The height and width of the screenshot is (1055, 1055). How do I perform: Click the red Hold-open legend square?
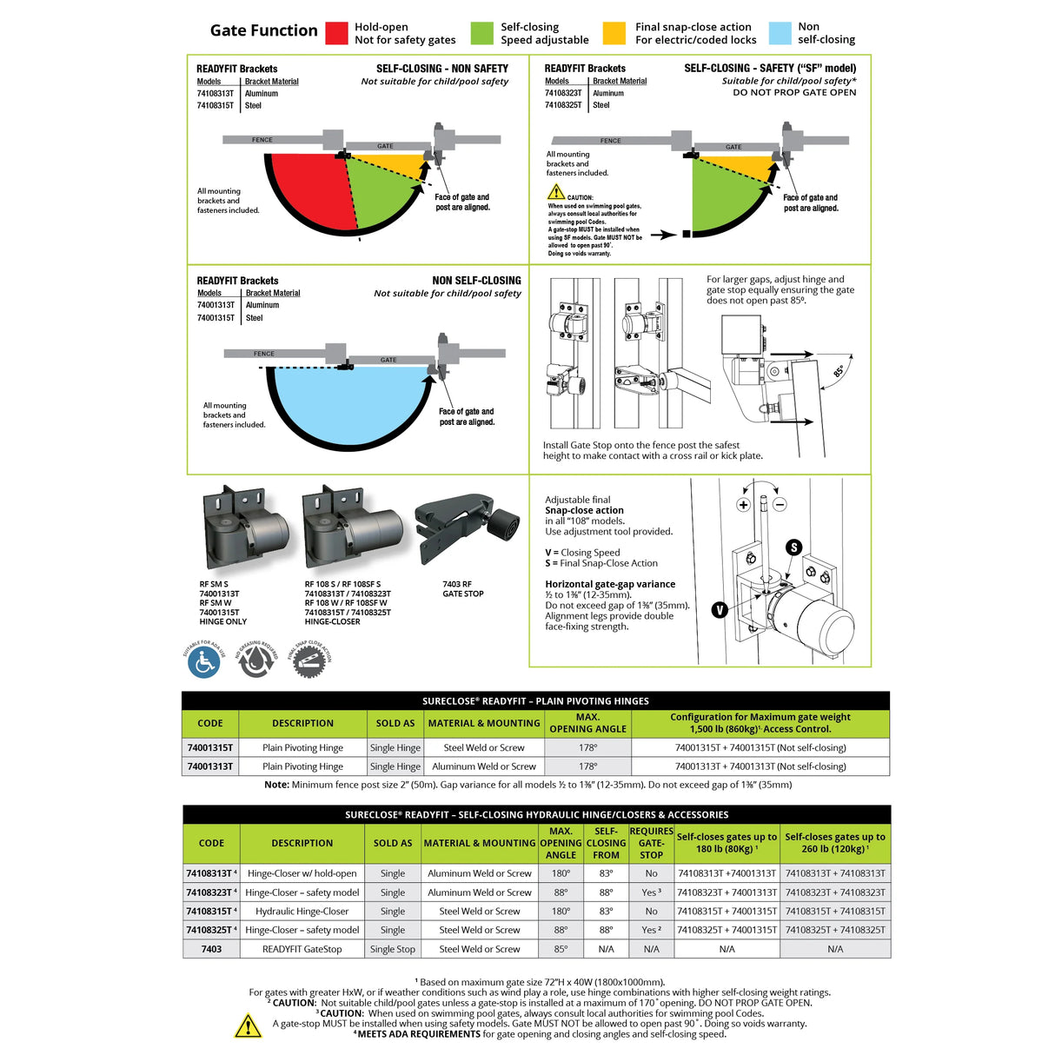point(336,33)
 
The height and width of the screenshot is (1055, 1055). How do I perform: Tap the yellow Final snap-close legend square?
point(614,33)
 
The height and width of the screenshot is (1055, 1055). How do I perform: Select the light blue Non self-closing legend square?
point(780,33)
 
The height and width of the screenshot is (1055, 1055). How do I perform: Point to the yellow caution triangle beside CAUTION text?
point(556,192)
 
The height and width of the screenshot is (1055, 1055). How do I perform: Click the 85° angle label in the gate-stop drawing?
point(839,371)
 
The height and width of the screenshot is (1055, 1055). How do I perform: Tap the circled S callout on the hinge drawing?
point(793,547)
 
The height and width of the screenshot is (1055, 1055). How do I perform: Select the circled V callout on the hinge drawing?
point(720,610)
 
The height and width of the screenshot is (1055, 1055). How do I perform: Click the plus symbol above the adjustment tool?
point(743,504)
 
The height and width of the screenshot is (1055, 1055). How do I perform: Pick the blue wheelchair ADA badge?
point(204,663)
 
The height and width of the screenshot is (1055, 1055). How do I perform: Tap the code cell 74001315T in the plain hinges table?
point(210,747)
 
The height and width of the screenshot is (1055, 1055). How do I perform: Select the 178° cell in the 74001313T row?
point(587,766)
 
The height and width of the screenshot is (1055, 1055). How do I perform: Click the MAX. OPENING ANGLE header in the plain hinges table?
point(587,723)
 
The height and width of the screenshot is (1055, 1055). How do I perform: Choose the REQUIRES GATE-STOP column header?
point(651,843)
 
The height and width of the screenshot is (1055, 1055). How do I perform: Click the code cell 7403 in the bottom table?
point(211,949)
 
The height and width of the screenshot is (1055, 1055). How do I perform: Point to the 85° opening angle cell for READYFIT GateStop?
point(561,949)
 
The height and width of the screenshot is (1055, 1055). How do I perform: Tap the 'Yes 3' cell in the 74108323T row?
point(651,892)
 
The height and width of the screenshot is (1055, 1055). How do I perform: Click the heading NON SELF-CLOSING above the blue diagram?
point(476,281)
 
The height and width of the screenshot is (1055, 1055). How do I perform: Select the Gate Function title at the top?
point(264,30)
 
